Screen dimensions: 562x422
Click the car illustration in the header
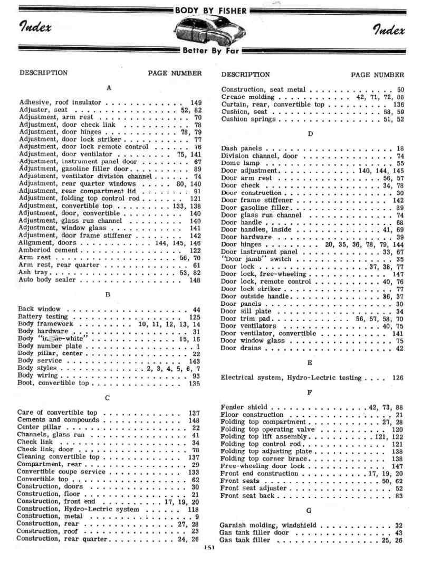(x=211, y=31)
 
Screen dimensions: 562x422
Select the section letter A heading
(x=109, y=88)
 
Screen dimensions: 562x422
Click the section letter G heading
(x=310, y=511)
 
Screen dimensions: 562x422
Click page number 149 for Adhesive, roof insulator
(x=196, y=102)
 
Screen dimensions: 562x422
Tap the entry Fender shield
(x=244, y=407)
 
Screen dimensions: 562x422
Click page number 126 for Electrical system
(x=398, y=378)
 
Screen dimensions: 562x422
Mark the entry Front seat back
(x=247, y=496)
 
